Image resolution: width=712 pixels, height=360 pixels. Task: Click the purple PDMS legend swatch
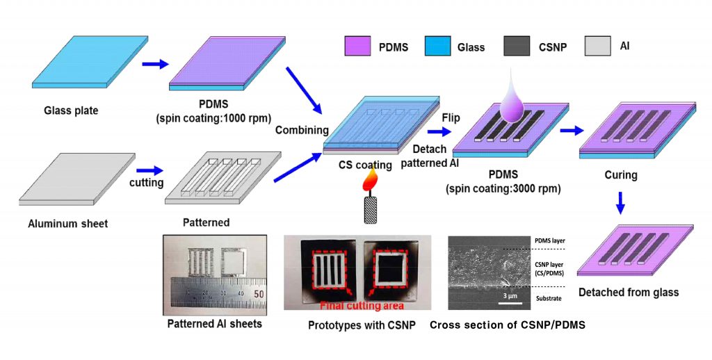pyautogui.click(x=359, y=47)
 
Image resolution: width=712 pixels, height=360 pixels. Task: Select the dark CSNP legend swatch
pyautogui.click(x=521, y=47)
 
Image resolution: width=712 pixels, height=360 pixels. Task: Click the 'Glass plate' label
pyautogui.click(x=72, y=110)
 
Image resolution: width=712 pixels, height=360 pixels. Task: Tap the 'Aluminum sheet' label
pyautogui.click(x=69, y=224)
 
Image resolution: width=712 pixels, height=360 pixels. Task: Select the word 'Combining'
pyautogui.click(x=301, y=131)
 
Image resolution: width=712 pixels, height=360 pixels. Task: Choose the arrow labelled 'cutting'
pyautogui.click(x=149, y=170)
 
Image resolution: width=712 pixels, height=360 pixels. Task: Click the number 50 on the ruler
pyautogui.click(x=258, y=294)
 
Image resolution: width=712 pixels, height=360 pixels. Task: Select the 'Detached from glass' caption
pyautogui.click(x=628, y=293)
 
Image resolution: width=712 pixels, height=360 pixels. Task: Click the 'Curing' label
pyautogui.click(x=621, y=175)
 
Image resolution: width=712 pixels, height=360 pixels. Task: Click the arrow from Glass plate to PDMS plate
pyautogui.click(x=155, y=64)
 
